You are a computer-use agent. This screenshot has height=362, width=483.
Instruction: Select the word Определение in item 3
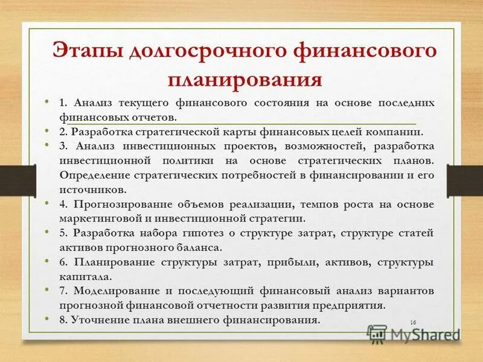coord(98,175)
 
